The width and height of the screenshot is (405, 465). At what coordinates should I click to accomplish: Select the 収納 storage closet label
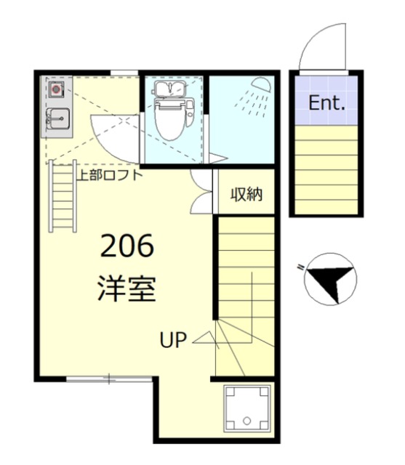coord(246,194)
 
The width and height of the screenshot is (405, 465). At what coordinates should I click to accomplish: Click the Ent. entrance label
coord(326,103)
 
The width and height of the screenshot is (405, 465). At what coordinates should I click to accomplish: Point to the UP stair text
coord(174,339)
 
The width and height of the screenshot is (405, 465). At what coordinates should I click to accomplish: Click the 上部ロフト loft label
coord(109,174)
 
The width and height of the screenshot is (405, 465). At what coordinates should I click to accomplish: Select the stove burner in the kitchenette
coord(57,89)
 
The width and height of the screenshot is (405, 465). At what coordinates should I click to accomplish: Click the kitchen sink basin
coord(58,118)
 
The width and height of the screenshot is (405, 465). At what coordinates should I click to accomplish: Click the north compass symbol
coord(329,279)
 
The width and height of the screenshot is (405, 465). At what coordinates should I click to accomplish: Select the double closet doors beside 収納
coord(201,193)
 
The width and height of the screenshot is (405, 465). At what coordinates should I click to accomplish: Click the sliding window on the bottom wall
coord(109,378)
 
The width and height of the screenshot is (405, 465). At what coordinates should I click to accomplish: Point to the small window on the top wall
coord(125,71)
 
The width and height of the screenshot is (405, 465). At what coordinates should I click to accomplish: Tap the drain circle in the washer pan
coord(248,421)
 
